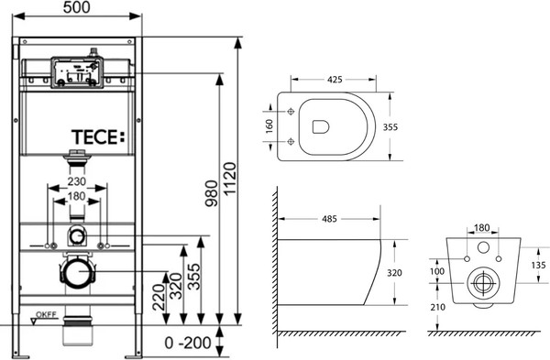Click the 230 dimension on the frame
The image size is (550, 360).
click(78, 181)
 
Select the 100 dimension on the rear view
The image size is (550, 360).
click(436, 272)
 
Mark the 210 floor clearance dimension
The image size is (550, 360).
click(438, 310)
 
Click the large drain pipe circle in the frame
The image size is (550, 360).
click(78, 273)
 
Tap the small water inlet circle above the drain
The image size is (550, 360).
click(78, 236)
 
